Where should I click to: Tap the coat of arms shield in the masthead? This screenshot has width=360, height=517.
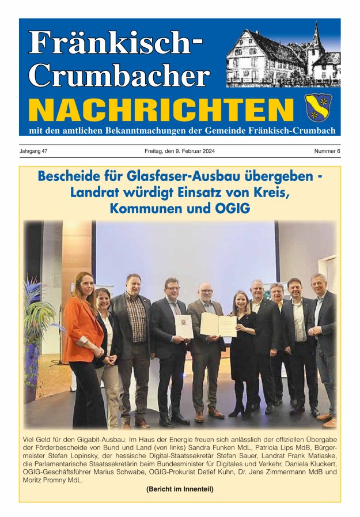[319, 107]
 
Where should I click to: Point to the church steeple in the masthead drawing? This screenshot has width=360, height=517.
[316, 40]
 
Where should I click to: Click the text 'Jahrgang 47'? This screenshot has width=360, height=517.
[35, 151]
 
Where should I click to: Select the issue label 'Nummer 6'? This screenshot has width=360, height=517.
[327, 151]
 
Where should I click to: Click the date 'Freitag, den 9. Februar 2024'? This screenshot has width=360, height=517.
[180, 151]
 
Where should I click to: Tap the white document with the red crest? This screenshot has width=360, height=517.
[184, 327]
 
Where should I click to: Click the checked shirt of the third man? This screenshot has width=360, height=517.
[136, 325]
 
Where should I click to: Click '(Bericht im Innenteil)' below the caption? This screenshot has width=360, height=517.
[180, 490]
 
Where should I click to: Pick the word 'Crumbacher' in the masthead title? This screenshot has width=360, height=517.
[119, 74]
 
